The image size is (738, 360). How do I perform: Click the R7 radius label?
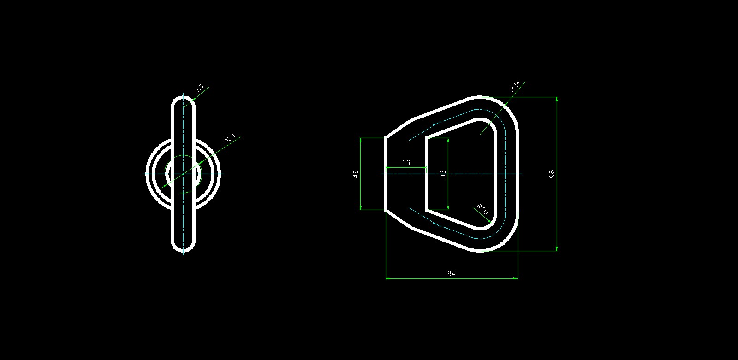click(x=200, y=88)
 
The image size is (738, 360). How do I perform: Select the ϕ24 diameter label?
click(x=230, y=138)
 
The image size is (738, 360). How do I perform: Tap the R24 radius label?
click(x=515, y=86)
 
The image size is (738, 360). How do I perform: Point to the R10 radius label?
click(x=482, y=209)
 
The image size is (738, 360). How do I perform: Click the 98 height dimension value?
click(x=552, y=174)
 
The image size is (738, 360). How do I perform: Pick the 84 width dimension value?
click(x=452, y=274)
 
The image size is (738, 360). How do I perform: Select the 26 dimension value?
click(x=406, y=163)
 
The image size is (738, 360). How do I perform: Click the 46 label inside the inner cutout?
click(x=443, y=174)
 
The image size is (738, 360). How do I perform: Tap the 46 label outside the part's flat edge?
click(x=356, y=174)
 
